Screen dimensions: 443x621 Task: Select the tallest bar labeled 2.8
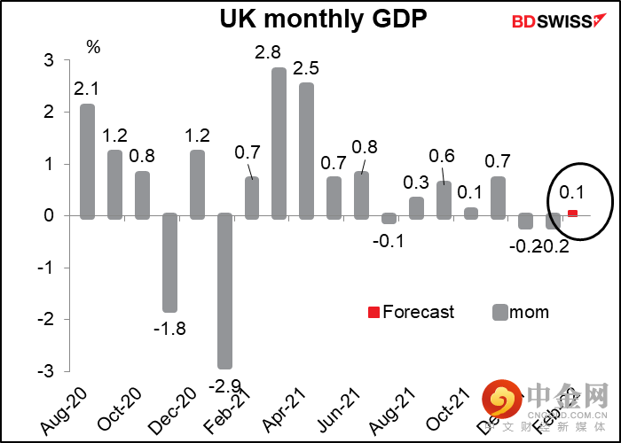click(279, 142)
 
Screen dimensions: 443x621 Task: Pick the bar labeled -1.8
click(169, 263)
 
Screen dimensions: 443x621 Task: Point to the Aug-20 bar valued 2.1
click(87, 160)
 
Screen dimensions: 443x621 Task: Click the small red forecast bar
click(573, 213)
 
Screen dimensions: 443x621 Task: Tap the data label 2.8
click(268, 53)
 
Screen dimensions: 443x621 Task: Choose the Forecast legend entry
click(412, 312)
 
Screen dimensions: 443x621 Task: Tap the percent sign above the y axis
click(93, 47)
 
